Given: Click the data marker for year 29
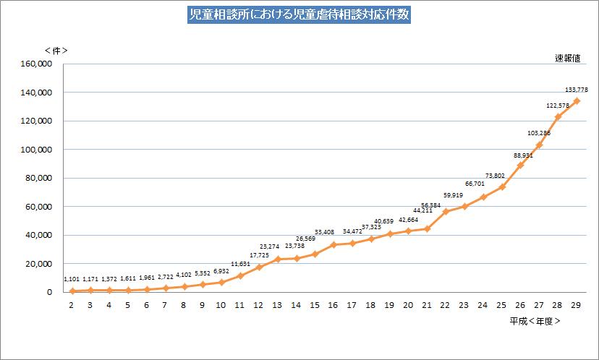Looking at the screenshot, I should click(577, 101).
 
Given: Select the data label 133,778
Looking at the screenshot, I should click(577, 90).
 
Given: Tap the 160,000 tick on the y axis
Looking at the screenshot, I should click(35, 64).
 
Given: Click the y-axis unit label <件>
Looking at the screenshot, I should click(56, 51).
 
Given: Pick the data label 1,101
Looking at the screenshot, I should click(72, 279).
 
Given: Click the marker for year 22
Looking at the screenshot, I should click(446, 211).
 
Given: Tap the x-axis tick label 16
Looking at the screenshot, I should click(334, 305).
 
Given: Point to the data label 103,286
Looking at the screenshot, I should click(538, 133).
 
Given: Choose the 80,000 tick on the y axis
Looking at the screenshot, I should click(38, 178).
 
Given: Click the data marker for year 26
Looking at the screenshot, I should click(520, 165).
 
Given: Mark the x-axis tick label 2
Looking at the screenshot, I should click(72, 305).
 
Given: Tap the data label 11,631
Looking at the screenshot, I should click(240, 265).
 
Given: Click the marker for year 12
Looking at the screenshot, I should click(258, 267).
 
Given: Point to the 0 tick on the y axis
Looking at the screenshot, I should click(49, 292).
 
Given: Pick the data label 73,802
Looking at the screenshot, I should click(495, 176).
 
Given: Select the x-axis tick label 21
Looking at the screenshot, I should click(427, 305).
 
